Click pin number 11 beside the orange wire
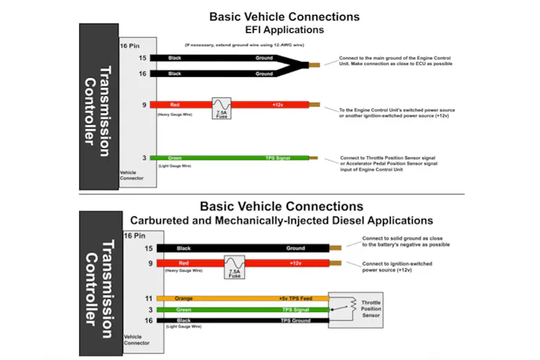click(x=148, y=299)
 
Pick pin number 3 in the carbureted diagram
click(x=148, y=310)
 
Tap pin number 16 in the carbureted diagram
click(x=148, y=321)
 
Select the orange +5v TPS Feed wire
click(x=235, y=299)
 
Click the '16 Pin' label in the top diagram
click(x=130, y=45)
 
